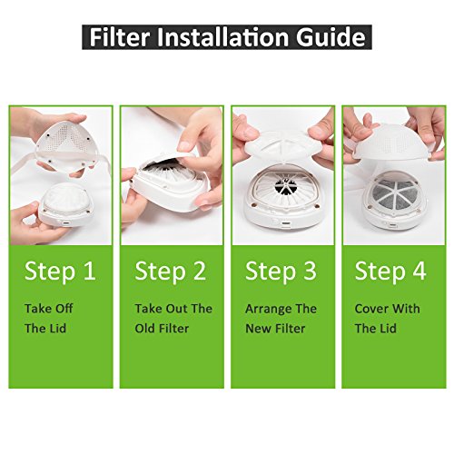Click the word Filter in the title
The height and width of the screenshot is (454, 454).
[120, 37]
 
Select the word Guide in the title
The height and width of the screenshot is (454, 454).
[331, 37]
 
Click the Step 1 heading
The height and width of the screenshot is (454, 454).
[60, 271]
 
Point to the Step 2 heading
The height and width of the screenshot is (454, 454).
[171, 271]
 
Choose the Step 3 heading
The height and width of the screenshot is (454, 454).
[281, 271]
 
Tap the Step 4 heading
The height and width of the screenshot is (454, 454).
[390, 271]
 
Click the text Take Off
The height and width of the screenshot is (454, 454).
[49, 309]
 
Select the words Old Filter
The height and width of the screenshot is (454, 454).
[162, 329]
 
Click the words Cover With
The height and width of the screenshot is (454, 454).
[388, 309]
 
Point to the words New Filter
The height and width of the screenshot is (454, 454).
[275, 329]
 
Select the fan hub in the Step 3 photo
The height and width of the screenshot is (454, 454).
[285, 186]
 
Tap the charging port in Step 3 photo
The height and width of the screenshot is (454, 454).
[285, 224]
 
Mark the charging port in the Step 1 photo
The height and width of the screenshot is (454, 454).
[66, 223]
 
